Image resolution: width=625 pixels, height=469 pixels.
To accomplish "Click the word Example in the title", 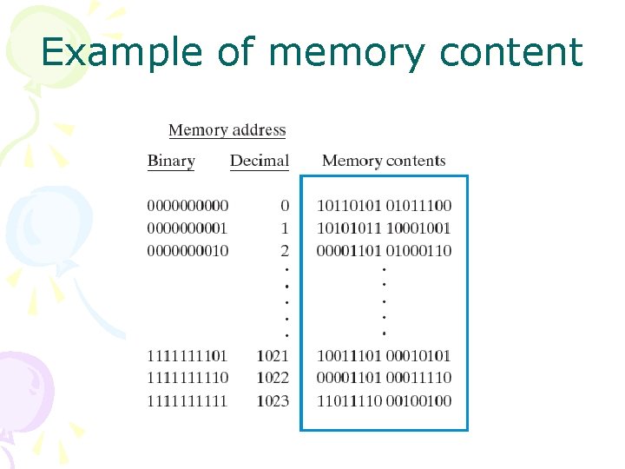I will (x=121, y=52).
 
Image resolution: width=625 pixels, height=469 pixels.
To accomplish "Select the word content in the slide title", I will (x=510, y=52).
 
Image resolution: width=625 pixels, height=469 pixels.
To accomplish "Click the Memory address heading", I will (x=227, y=130).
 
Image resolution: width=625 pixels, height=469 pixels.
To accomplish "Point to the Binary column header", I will (x=171, y=161).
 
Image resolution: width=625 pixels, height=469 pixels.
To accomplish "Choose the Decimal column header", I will (x=259, y=161).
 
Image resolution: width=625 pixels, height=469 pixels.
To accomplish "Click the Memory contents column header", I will (x=383, y=161).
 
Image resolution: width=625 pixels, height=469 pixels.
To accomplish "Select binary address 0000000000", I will (x=187, y=206).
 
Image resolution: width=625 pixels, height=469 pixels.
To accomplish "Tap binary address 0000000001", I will (x=187, y=228).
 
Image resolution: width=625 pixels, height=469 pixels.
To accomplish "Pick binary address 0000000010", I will (x=187, y=251).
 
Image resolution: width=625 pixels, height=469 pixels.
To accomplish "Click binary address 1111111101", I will (x=187, y=355).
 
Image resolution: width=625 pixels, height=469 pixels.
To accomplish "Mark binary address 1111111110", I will (x=187, y=378).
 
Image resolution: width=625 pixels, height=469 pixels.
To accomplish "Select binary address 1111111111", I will (x=187, y=400).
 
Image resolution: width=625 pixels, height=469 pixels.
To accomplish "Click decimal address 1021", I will (x=273, y=355).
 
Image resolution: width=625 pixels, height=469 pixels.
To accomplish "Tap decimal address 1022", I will (x=273, y=378).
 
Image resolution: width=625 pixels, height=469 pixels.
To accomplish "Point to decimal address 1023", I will (x=273, y=400).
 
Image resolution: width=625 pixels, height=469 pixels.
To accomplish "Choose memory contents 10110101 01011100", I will (x=384, y=206).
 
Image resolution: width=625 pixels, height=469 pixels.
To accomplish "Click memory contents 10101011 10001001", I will (x=384, y=228).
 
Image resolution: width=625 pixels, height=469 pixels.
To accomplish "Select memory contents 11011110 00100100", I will (x=384, y=400).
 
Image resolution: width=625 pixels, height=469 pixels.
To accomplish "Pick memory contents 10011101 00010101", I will (x=384, y=355).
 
